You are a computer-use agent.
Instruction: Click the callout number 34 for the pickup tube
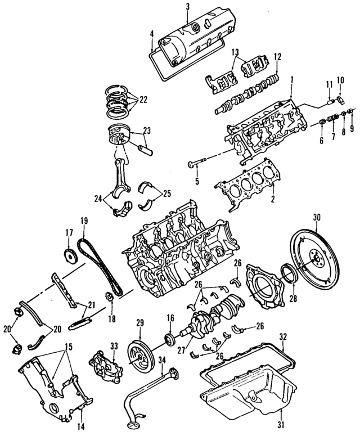[162, 361]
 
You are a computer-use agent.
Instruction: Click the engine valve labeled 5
[194, 164]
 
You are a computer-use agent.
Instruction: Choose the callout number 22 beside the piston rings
[143, 99]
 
